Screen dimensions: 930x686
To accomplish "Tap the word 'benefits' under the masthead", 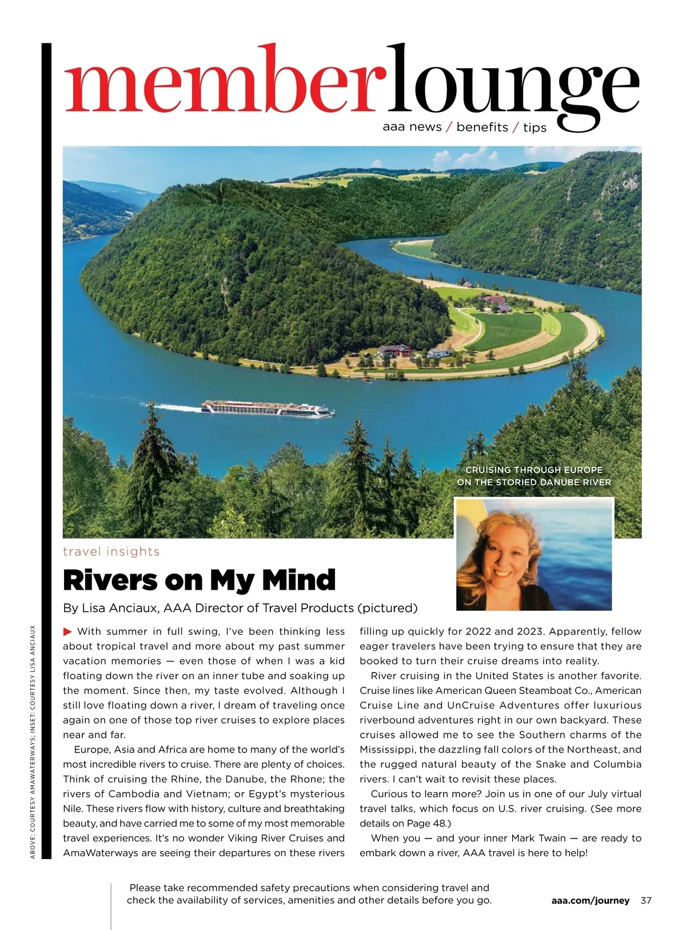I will [482, 127].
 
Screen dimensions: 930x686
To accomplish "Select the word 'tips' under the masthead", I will [535, 128].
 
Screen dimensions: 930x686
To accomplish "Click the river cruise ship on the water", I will [267, 408].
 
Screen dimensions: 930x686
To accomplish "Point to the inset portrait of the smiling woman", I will [533, 554].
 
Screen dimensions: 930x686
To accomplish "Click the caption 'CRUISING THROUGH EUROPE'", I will [534, 470].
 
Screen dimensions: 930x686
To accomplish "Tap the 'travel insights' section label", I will [111, 551].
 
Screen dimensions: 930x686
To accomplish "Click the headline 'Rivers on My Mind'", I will [199, 580].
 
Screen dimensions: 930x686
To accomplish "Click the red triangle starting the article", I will [67, 631].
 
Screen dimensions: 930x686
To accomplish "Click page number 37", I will [646, 900].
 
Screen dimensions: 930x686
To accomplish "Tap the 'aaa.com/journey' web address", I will [590, 900].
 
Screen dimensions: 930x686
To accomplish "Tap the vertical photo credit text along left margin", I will [33, 741].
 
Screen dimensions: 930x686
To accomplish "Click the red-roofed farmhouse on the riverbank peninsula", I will [394, 350].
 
